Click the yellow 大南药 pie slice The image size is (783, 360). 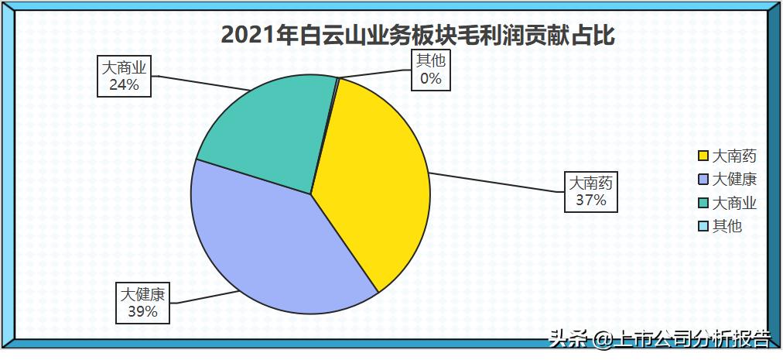coord(371,186)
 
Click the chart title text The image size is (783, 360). coord(417,35)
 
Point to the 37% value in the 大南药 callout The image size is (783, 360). coord(590,201)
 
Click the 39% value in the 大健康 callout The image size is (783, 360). coord(142,312)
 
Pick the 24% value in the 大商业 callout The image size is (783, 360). coord(124,84)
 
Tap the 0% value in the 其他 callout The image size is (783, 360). coord(431,78)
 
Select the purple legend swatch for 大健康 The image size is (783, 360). coord(703,180)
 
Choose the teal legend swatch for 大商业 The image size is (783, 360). coord(703,204)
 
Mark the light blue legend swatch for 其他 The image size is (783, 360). coord(703,227)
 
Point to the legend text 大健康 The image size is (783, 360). coord(734,180)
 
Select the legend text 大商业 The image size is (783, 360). coord(734,204)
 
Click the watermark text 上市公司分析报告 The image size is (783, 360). coord(692,339)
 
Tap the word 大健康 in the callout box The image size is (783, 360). coord(142,295)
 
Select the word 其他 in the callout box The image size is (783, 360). coord(431,61)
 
